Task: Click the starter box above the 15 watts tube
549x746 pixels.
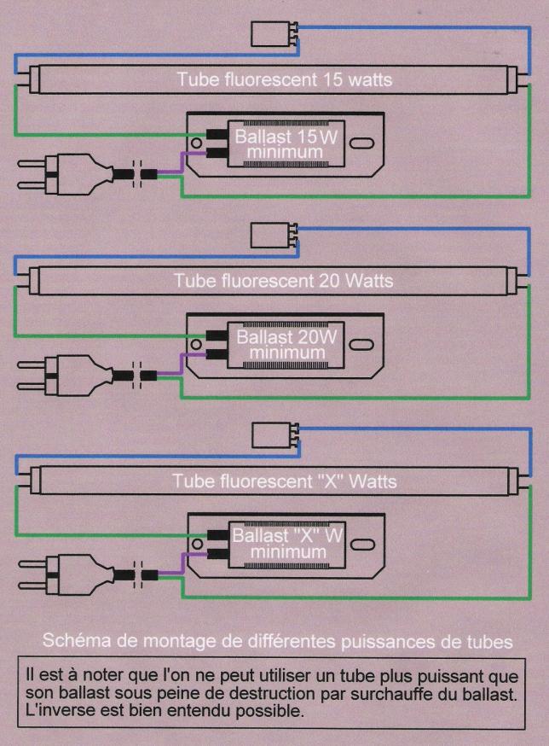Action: pos(271,35)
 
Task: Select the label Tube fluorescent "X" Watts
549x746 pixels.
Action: pos(284,481)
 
